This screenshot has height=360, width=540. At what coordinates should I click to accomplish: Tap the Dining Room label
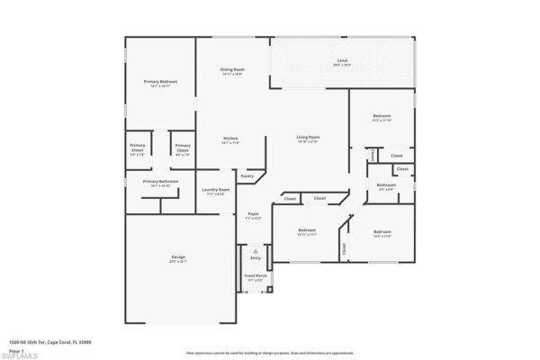(233, 70)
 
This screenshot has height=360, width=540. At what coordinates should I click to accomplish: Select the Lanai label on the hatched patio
(342, 61)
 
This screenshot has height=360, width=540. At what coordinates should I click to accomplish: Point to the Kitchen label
(231, 139)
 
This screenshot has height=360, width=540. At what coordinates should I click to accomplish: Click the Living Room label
(309, 138)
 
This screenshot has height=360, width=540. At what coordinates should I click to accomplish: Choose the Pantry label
(247, 175)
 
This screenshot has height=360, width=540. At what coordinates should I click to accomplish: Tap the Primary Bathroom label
(160, 182)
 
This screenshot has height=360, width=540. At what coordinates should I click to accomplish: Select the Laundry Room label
(215, 190)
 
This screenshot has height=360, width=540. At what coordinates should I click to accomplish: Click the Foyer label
(254, 214)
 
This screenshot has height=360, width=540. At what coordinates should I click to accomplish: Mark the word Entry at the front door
(255, 257)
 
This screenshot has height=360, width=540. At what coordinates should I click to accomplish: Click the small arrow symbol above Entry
(255, 249)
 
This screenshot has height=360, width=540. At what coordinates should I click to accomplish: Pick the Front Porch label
(255, 276)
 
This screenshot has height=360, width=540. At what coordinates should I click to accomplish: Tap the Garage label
(178, 258)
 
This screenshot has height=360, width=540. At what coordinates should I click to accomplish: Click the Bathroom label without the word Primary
(386, 185)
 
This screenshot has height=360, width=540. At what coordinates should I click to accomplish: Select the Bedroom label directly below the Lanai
(382, 117)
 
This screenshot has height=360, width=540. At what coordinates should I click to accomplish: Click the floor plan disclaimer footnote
(270, 342)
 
